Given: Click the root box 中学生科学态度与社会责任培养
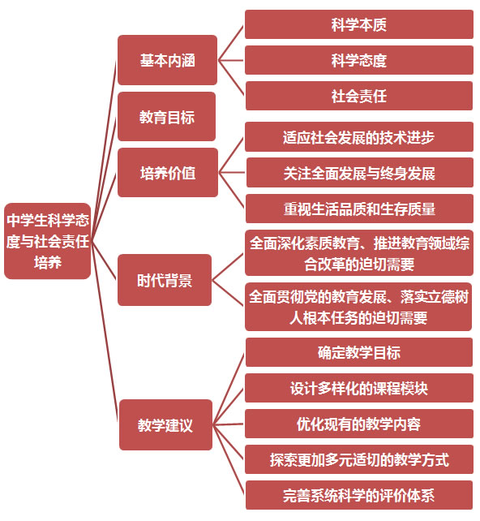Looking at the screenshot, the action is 48,241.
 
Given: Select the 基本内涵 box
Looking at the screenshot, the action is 167,60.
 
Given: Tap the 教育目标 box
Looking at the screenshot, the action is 167,117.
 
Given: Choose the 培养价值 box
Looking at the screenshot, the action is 168,172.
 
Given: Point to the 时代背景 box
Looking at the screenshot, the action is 165,280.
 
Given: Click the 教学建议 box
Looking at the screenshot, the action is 165,425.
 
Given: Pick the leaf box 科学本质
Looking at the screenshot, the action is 359,24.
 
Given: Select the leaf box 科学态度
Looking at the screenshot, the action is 359,60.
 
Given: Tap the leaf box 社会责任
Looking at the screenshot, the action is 359,96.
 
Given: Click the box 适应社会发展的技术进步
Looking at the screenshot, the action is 359,137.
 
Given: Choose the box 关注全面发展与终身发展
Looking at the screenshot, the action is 359,173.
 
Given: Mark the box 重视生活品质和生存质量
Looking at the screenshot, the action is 359,209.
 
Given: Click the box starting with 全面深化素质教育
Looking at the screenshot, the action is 359,253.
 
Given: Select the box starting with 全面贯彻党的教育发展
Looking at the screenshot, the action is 358,307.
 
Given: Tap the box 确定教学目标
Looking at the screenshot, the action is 359,352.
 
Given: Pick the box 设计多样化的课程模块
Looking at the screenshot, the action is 359,388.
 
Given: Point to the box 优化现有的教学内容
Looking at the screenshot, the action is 359,424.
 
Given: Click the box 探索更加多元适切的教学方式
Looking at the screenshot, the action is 359,459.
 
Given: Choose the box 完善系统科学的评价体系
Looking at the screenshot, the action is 359,495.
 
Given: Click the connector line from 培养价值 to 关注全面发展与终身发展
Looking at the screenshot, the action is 232,172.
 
